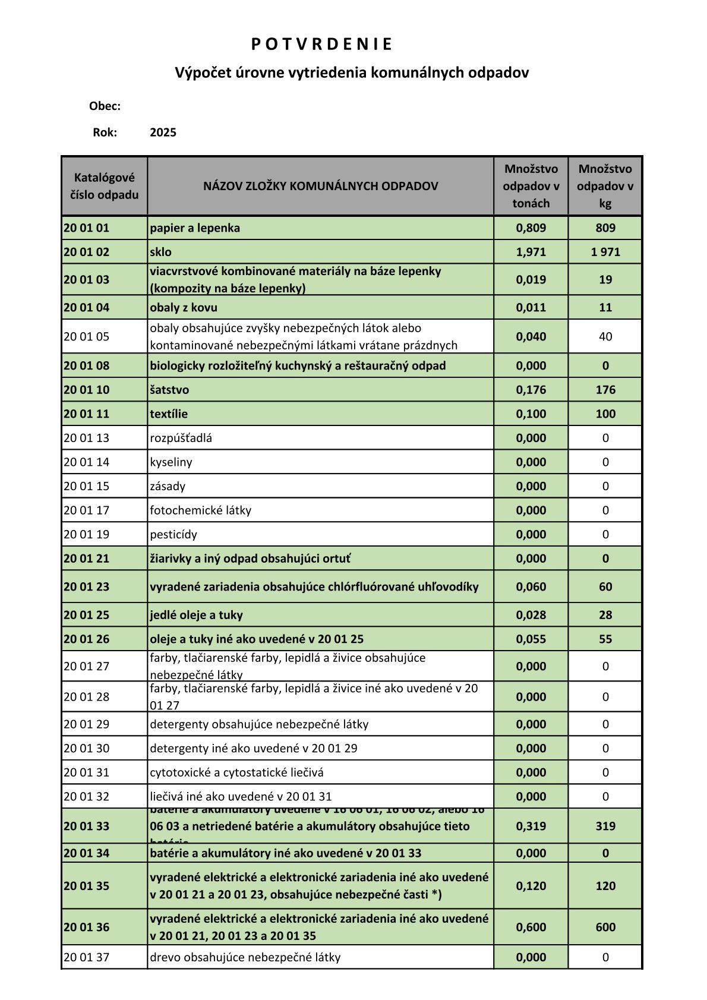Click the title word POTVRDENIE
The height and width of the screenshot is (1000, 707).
point(321,45)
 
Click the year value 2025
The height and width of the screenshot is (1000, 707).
point(163,133)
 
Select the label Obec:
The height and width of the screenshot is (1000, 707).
point(105,106)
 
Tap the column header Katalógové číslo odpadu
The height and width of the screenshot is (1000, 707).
point(105,186)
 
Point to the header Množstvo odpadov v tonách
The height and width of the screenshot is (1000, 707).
point(531,186)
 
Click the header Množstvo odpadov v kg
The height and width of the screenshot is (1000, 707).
point(605,186)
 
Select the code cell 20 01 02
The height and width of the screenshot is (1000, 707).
point(87,252)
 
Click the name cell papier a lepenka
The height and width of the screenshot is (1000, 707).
point(195,228)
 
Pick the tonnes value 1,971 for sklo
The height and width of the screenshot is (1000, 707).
point(531,252)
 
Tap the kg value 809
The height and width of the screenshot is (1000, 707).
point(605,228)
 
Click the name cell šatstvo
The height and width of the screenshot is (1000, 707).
point(169,390)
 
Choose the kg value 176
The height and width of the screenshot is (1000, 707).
point(605,390)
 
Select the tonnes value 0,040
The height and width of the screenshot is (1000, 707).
point(531,336)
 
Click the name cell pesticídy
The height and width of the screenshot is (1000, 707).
point(173,534)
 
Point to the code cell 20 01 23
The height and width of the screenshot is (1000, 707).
point(87,586)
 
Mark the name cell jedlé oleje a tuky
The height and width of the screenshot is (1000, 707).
point(196,615)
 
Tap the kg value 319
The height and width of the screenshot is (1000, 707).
point(605,826)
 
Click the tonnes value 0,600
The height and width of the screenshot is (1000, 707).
point(531,927)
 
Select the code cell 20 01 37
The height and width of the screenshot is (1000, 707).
point(87,957)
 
